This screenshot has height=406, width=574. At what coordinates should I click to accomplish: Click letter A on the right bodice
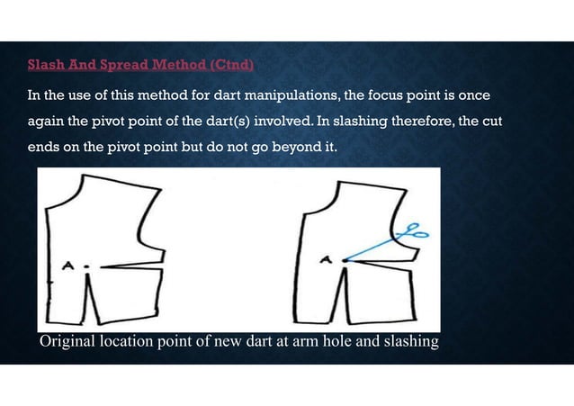coord(326,260)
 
